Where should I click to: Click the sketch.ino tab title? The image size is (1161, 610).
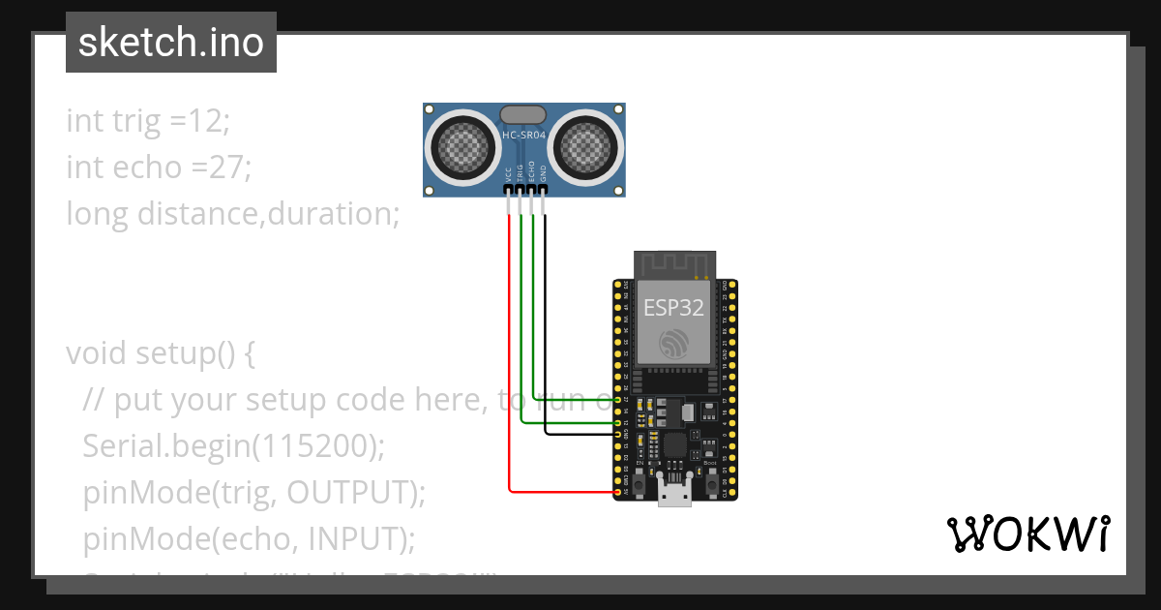(x=170, y=43)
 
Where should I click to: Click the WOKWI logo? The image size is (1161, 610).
(x=1027, y=534)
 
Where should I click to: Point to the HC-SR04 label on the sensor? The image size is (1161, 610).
(x=523, y=136)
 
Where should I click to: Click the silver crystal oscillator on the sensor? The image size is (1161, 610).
(x=523, y=115)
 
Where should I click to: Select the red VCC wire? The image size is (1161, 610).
(x=509, y=349)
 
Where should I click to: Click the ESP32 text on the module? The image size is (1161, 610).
(x=674, y=309)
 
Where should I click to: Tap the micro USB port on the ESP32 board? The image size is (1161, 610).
(x=674, y=494)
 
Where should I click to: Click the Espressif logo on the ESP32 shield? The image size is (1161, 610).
(x=673, y=345)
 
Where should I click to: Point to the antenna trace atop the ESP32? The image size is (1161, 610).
(x=674, y=264)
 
